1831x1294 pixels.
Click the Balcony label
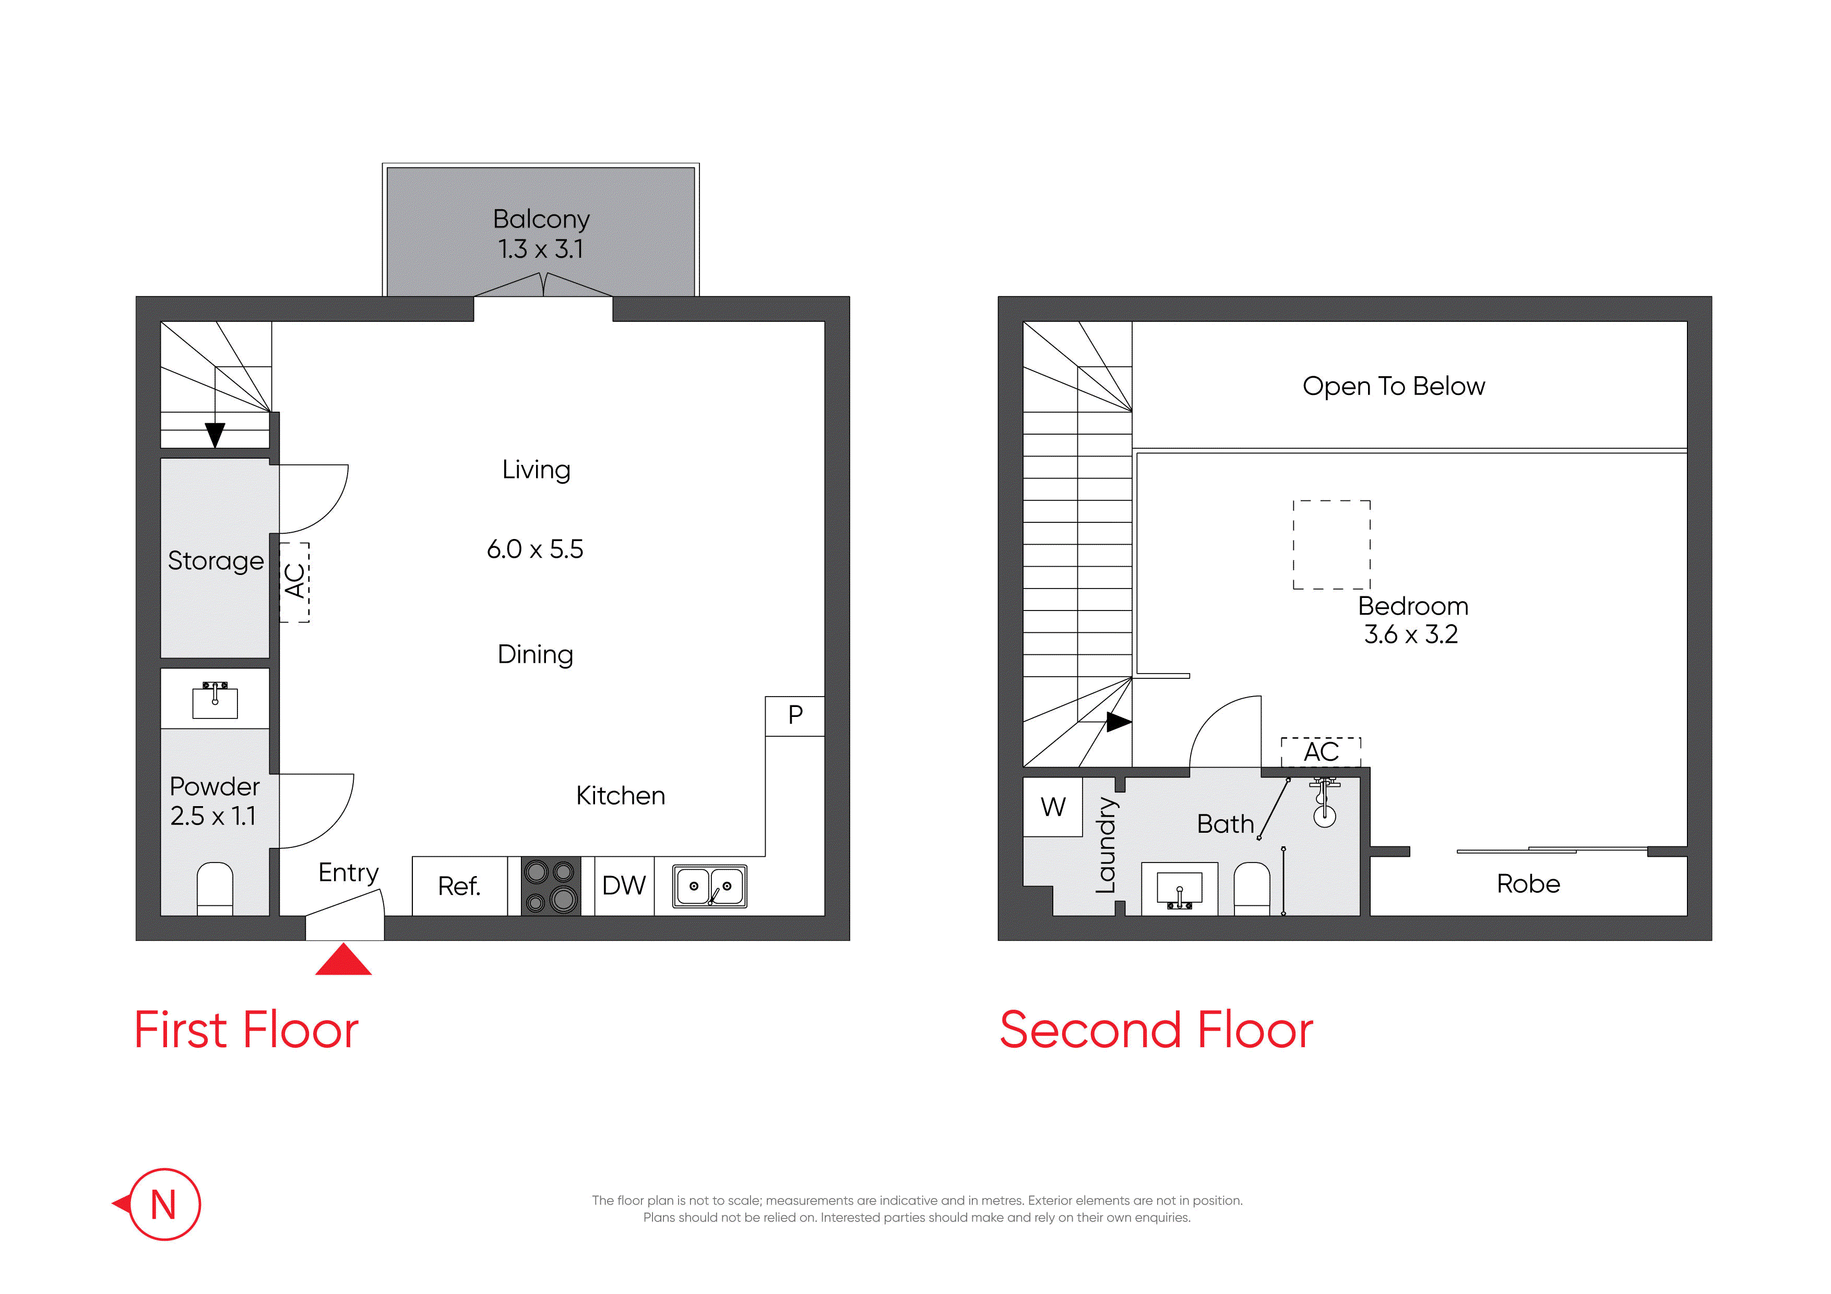(541, 219)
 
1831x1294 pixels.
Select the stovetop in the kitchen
(550, 886)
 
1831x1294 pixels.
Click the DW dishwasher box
(624, 886)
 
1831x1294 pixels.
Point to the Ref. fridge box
(459, 886)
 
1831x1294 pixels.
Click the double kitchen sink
(710, 886)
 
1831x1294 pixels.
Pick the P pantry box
(795, 716)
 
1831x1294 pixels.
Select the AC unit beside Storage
(294, 582)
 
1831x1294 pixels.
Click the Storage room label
(216, 561)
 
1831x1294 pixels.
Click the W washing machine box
(1053, 807)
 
